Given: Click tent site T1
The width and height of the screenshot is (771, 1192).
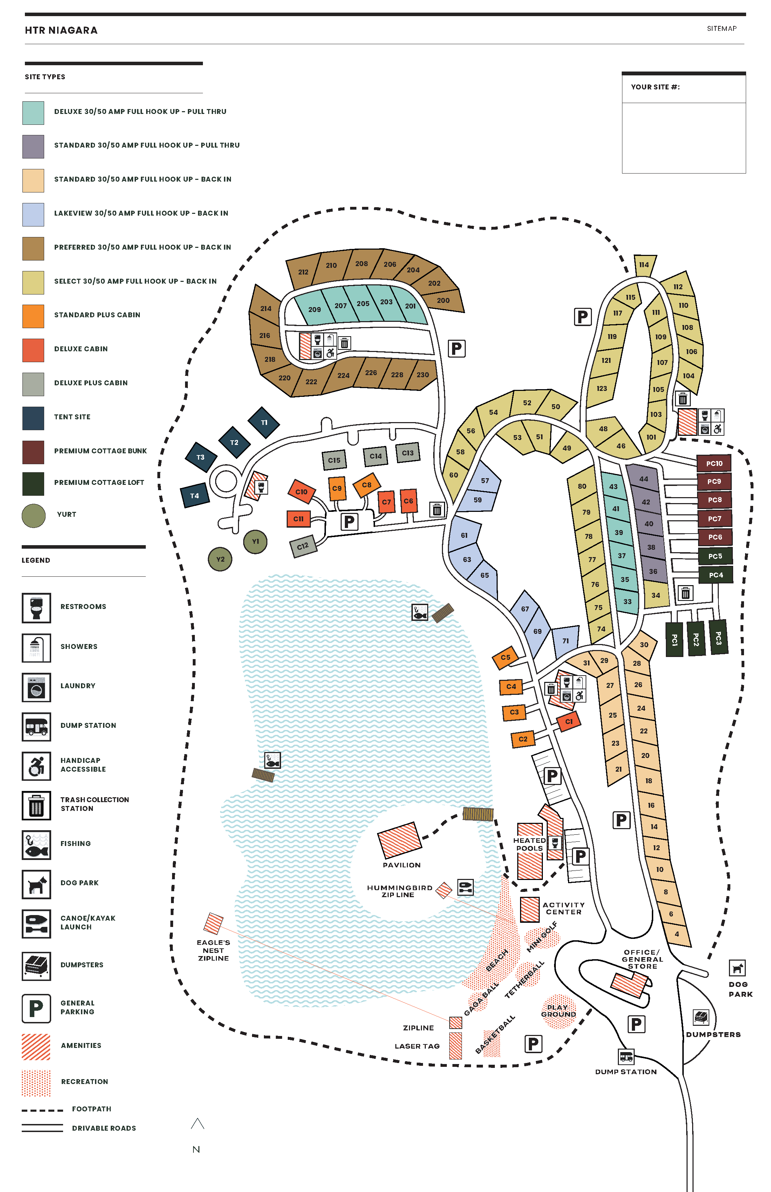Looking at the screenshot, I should tap(264, 422).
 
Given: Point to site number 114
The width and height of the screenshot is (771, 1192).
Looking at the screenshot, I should tap(644, 264).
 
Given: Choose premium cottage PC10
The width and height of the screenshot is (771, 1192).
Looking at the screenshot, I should tap(714, 463).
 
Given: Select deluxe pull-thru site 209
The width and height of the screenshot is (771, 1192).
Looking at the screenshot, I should tap(314, 309).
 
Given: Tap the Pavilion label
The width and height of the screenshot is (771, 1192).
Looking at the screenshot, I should tap(402, 865).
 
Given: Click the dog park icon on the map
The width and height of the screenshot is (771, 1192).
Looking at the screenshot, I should tap(737, 968).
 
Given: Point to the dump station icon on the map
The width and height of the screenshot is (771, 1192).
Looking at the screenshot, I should tap(626, 1056).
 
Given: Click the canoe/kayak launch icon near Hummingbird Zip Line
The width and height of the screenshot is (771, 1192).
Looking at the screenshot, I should tap(465, 887).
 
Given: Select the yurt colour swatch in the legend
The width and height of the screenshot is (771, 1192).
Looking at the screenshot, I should tap(34, 515).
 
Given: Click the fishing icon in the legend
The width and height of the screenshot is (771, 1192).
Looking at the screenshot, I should tap(36, 845).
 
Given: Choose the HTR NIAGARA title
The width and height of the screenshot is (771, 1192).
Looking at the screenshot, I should tap(61, 31).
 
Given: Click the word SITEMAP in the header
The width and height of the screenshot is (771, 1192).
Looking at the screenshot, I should tap(722, 28).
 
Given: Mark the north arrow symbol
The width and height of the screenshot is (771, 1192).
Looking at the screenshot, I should tap(197, 1124).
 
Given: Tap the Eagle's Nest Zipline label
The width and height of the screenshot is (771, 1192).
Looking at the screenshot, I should tap(213, 950).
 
